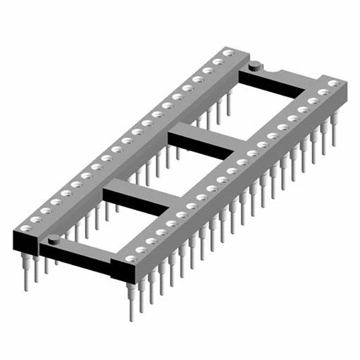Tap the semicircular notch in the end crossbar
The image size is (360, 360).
tap(277, 71)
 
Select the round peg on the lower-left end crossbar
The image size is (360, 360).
tap(53, 240)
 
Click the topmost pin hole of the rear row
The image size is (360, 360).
tap(228, 53)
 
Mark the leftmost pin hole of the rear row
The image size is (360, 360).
tap(25, 228)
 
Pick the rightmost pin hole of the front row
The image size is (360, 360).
tap(334, 83)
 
